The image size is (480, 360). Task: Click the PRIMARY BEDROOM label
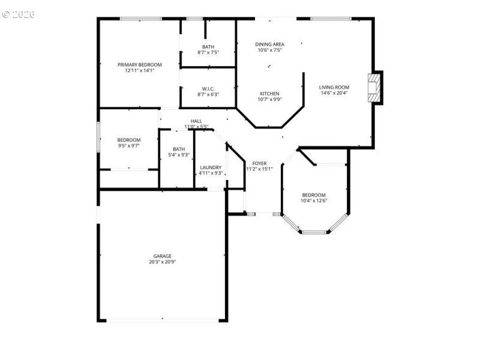(140, 65)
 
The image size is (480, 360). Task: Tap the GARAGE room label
(162, 256)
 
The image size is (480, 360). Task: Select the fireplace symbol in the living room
(375, 88)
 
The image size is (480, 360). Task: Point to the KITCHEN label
(269, 94)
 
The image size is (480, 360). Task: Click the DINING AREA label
(269, 44)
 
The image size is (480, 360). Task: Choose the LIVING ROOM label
(334, 87)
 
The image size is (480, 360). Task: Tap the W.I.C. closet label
(208, 88)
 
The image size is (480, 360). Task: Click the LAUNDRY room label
(211, 167)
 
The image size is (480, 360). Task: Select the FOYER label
(259, 163)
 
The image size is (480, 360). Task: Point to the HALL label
(196, 121)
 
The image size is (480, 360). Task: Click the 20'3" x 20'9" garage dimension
(162, 262)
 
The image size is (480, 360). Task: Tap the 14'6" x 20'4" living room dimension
(334, 93)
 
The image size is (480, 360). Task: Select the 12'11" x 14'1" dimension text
(140, 71)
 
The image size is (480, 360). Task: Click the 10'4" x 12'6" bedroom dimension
(314, 201)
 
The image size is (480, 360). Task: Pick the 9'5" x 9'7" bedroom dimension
(129, 146)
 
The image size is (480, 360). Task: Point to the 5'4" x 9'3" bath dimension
(179, 155)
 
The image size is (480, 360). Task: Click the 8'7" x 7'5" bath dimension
(208, 53)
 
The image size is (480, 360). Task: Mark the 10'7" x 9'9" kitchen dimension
(269, 100)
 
